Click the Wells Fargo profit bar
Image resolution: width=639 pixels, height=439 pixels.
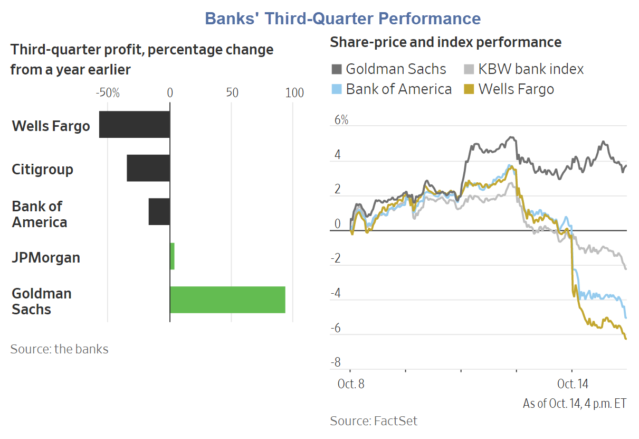click(135, 125)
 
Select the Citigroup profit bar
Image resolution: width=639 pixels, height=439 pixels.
click(148, 168)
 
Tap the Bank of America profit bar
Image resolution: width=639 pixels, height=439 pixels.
click(159, 212)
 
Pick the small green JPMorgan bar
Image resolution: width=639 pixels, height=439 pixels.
click(172, 256)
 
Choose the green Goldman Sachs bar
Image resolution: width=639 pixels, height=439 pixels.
click(227, 300)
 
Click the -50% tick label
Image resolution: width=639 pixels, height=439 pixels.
click(108, 93)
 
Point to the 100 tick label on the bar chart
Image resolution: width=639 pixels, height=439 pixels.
click(294, 93)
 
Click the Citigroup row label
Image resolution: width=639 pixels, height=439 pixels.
click(42, 170)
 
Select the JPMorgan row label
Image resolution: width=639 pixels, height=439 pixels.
click(46, 258)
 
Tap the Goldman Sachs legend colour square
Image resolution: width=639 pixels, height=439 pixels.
click(336, 69)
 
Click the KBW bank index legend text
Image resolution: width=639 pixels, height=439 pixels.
click(531, 69)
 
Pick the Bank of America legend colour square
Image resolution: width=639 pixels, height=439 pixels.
click(336, 89)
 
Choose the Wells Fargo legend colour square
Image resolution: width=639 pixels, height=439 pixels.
click(469, 89)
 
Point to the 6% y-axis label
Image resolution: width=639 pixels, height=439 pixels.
click(341, 120)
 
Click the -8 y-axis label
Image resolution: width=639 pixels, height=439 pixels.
click(336, 362)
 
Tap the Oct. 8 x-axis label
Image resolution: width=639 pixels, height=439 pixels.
click(351, 384)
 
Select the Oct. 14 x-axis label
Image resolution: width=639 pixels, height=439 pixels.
click(573, 384)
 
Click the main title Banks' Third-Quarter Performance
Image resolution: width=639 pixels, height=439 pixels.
click(342, 18)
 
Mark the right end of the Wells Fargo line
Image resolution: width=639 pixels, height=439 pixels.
click(626, 339)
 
